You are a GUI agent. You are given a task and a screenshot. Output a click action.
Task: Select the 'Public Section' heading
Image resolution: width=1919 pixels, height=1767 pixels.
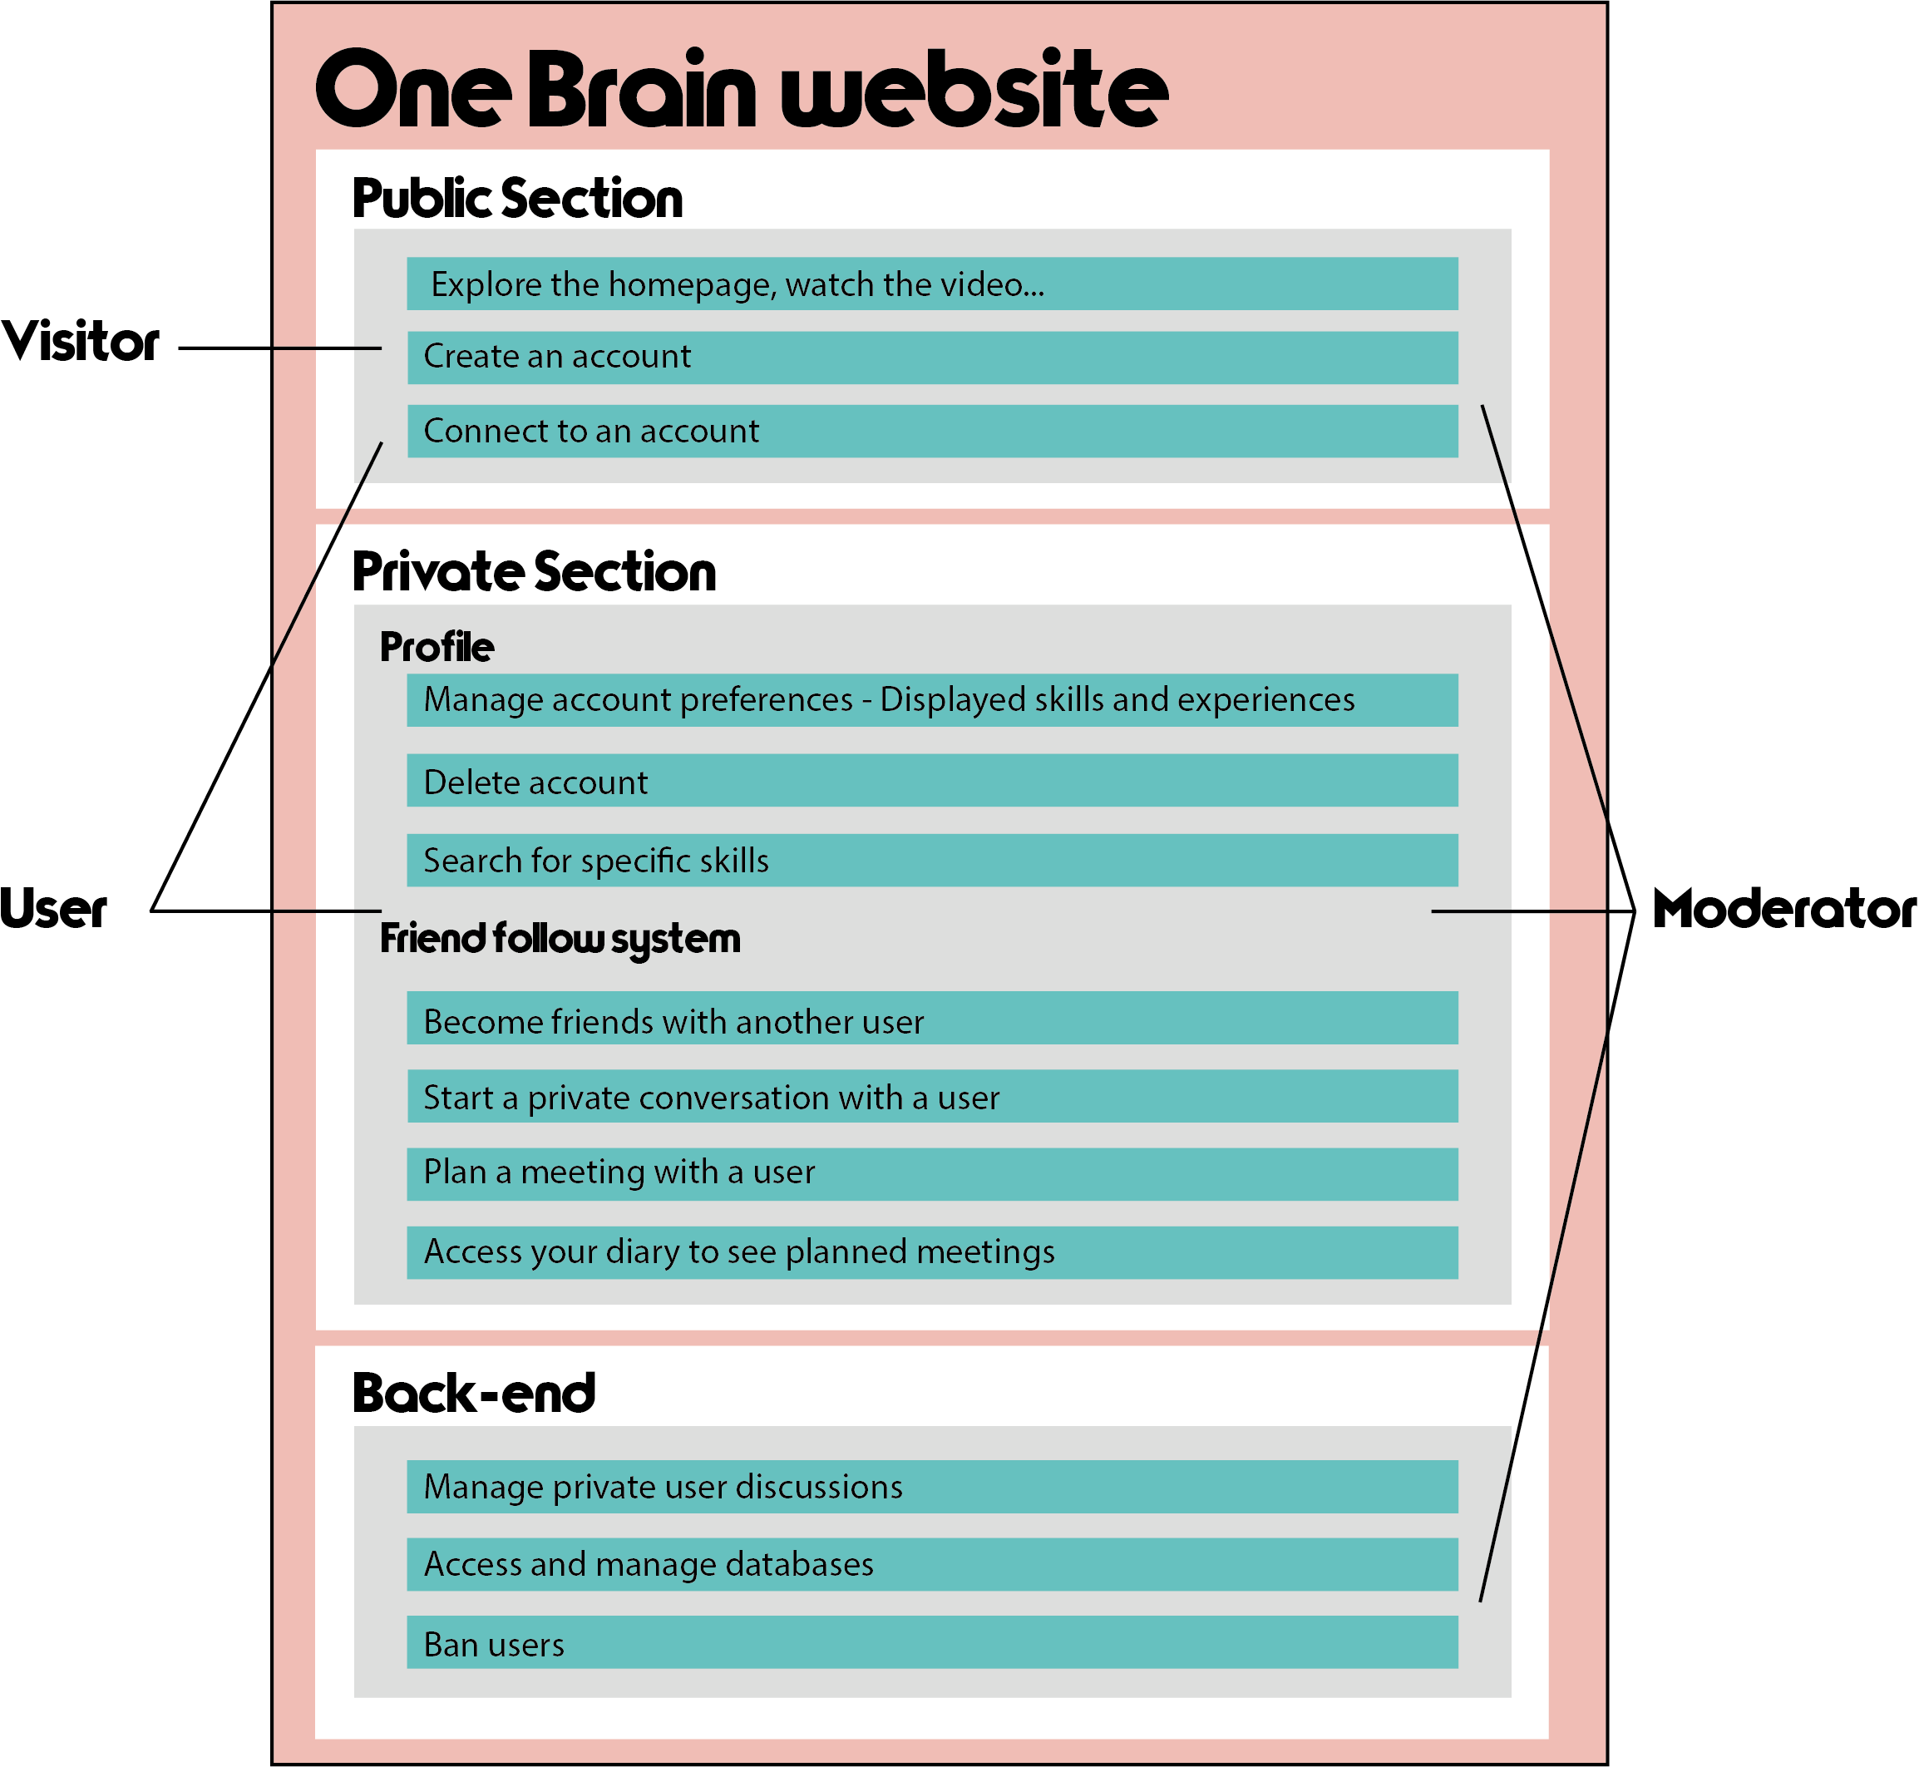[x=517, y=198]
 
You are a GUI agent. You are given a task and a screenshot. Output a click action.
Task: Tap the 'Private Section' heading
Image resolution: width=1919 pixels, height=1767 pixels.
[x=534, y=572]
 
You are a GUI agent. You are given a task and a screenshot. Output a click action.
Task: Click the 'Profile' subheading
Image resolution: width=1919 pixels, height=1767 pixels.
[x=437, y=647]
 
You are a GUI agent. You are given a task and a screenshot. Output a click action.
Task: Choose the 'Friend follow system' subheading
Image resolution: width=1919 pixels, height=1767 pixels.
[x=560, y=939]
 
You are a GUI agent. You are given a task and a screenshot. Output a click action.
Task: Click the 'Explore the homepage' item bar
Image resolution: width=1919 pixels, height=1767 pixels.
[x=932, y=284]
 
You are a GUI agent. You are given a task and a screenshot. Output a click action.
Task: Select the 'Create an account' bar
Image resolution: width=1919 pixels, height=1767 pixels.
[x=932, y=358]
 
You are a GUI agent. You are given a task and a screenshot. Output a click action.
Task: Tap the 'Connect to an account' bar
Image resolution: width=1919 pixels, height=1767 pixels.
[x=932, y=432]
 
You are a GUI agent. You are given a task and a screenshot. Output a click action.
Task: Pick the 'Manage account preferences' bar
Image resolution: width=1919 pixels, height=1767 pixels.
[x=932, y=700]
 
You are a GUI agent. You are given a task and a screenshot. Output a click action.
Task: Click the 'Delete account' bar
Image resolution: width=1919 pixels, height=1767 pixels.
[x=932, y=780]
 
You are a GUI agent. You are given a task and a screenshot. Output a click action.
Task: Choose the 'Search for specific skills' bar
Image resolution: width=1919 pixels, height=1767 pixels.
[x=932, y=861]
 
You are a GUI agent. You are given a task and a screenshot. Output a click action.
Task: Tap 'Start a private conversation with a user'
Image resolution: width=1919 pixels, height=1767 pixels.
[x=932, y=1096]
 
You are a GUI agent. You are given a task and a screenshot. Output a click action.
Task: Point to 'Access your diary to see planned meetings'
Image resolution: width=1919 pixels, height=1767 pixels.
[x=932, y=1252]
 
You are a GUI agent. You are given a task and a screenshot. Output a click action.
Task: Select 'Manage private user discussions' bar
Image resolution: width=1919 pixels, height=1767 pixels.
[x=932, y=1487]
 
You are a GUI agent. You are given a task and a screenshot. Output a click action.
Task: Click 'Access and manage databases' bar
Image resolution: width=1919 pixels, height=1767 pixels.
[x=932, y=1564]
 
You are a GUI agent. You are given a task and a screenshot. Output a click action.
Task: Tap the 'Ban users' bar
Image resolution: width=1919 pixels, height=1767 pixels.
[x=932, y=1643]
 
